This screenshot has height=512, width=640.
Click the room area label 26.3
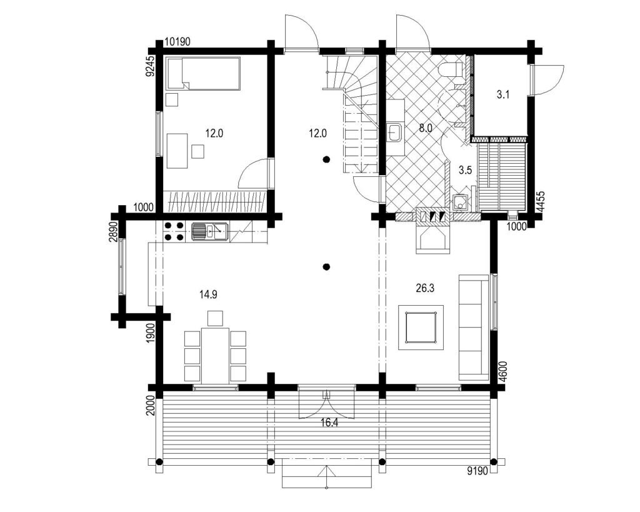point(425,288)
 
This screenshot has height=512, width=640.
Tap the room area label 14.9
point(208,294)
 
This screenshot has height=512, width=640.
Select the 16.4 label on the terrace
point(329,423)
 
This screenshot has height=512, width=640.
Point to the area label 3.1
point(503,95)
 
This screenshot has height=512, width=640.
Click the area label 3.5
point(465,170)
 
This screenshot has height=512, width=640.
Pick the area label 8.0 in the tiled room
point(425,128)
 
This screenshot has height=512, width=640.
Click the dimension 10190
point(178,42)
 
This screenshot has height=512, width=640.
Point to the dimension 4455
point(541,201)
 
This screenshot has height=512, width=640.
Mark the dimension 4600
point(503,371)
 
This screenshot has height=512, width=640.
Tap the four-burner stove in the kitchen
point(174,231)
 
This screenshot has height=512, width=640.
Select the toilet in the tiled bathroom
point(451,69)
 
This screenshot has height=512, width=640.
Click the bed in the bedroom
point(204,73)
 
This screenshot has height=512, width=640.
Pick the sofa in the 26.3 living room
point(474,327)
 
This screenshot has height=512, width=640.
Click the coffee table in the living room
point(421,327)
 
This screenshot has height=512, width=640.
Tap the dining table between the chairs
point(215,355)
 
